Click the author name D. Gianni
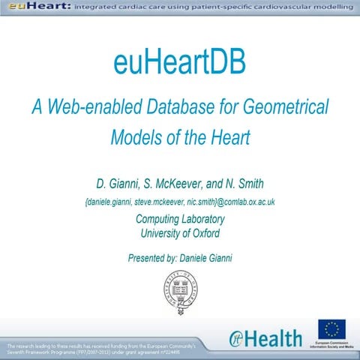coord(120,184)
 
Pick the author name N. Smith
coord(253,184)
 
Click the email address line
coord(180,202)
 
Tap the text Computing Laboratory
coord(180,220)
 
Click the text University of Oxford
coord(180,234)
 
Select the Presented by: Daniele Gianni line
coord(180,259)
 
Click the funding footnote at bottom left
coord(101,349)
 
